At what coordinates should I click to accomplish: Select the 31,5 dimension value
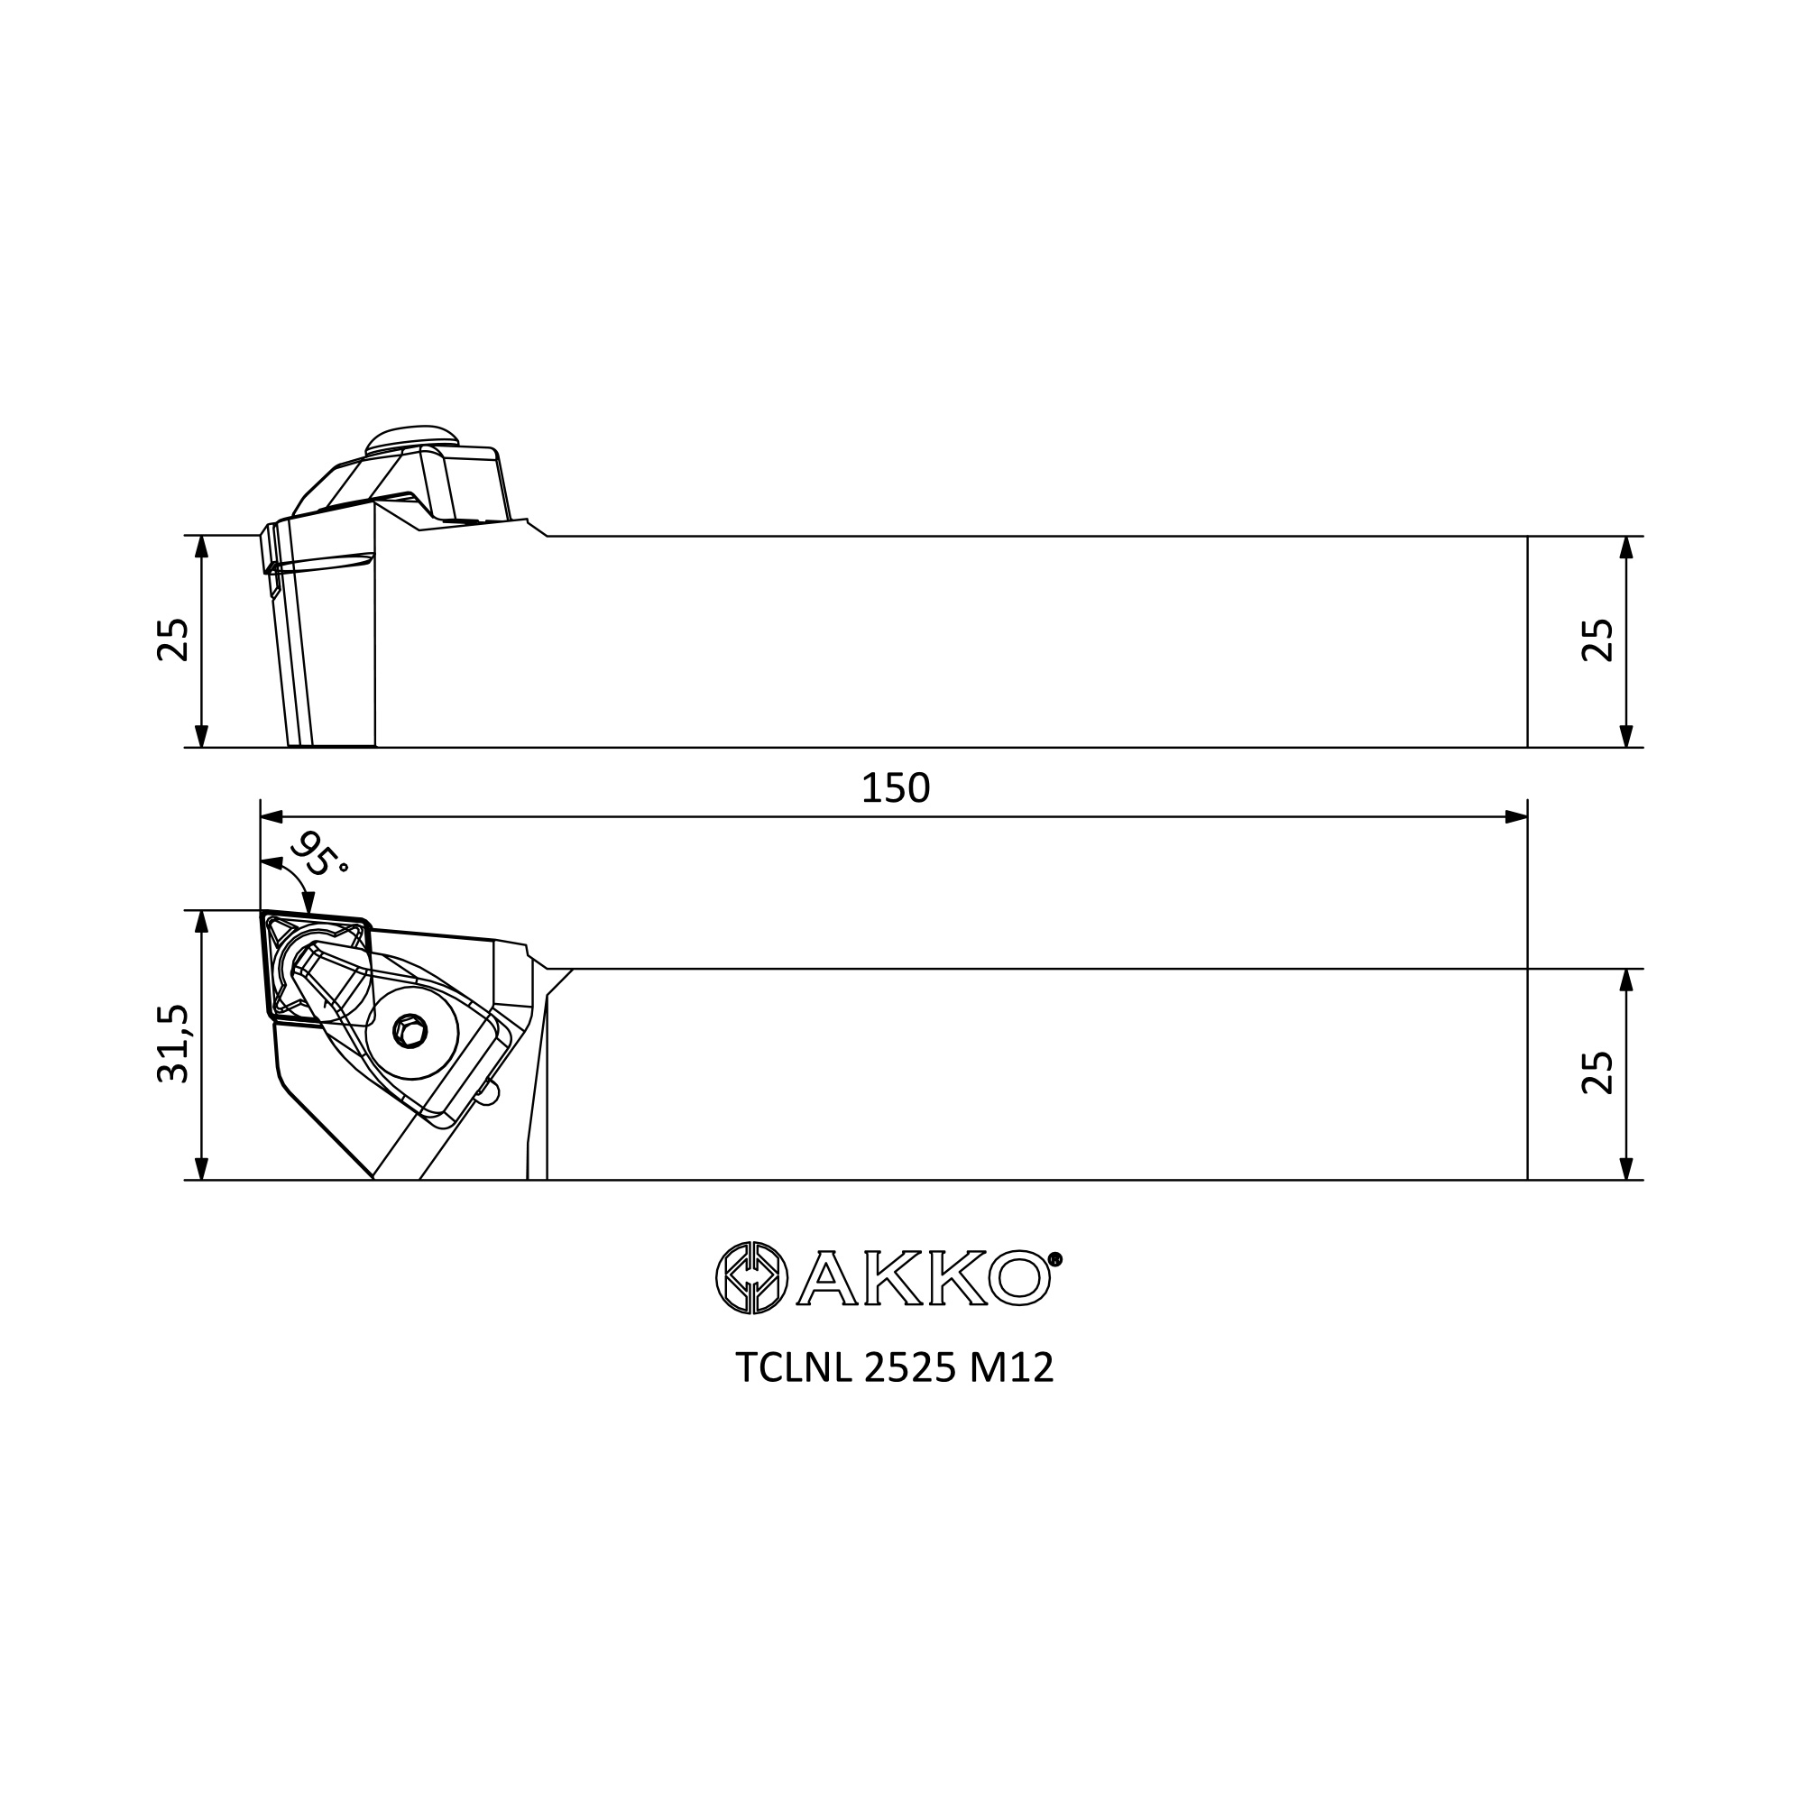[x=174, y=1044]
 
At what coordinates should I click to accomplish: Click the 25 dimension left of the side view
[x=174, y=640]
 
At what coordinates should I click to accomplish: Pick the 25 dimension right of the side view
[x=1597, y=640]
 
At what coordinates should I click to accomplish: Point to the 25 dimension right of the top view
[x=1597, y=1072]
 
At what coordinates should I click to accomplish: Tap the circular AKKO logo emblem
[x=751, y=1277]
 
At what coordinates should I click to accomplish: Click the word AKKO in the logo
[x=925, y=1277]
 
